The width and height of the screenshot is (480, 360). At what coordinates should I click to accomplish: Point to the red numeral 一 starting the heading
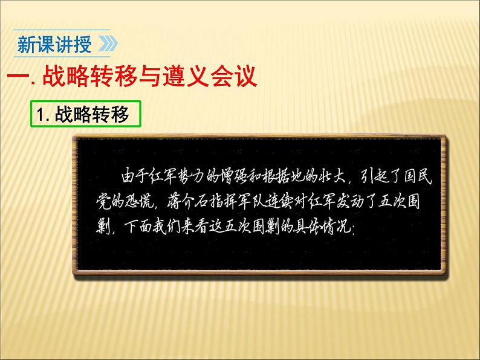15,78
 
